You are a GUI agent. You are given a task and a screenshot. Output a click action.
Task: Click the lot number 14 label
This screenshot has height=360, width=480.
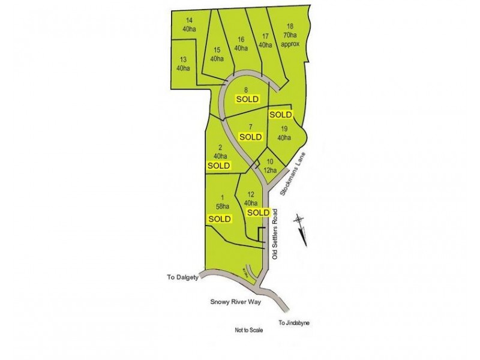pos(190,20)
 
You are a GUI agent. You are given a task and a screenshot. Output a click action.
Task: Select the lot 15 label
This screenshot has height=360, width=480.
pos(217,50)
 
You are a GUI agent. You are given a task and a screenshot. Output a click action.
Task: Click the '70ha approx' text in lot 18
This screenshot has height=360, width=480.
pos(290,40)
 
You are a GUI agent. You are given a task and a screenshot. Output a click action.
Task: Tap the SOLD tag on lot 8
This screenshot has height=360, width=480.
pos(247,98)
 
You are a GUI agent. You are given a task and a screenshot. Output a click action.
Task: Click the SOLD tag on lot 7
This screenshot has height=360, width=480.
pos(251,136)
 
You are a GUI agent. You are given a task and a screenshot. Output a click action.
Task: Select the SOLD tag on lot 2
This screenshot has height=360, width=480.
pos(218,165)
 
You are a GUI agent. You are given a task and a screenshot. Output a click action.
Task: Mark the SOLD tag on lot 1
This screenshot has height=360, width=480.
pos(220,219)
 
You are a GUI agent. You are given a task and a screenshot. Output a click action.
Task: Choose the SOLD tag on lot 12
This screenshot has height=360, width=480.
pos(259,212)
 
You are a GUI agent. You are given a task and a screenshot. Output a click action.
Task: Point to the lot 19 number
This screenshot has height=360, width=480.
pos(284,129)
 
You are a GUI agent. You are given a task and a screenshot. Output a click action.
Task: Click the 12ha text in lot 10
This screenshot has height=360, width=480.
pos(271,170)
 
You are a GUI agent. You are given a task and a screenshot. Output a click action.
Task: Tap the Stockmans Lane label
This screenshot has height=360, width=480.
pos(294,173)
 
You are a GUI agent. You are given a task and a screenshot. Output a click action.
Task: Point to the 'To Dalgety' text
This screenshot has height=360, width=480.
pos(181,277)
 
